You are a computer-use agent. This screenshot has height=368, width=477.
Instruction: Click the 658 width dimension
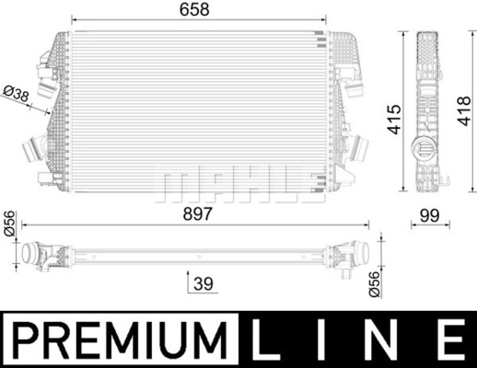(x=194, y=9)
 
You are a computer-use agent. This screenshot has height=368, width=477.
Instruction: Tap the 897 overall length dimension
(x=197, y=213)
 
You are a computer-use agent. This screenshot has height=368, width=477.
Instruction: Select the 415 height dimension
(x=394, y=120)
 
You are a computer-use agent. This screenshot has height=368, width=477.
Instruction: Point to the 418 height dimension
(x=464, y=110)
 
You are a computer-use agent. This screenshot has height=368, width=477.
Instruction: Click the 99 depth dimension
(x=430, y=215)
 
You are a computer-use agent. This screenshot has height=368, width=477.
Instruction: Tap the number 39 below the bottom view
(x=204, y=283)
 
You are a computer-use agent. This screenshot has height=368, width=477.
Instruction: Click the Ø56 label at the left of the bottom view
(x=9, y=224)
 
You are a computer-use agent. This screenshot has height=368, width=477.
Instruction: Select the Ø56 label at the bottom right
(x=375, y=284)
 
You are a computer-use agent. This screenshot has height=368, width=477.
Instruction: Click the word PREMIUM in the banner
(x=121, y=339)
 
